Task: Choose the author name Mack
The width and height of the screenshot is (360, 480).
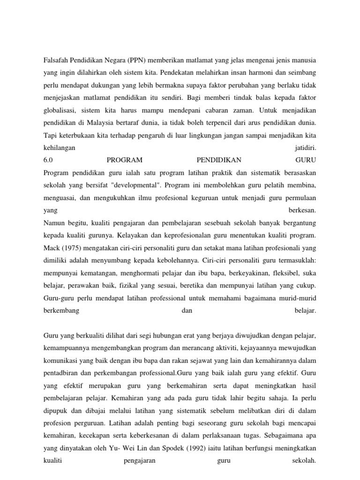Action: click(x=51, y=246)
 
